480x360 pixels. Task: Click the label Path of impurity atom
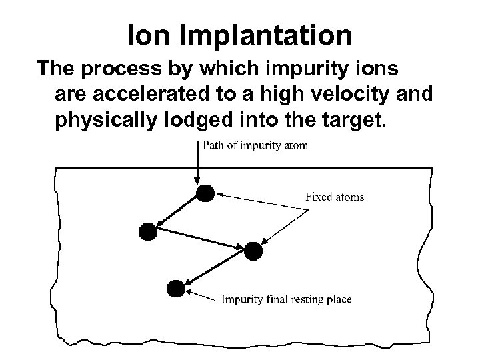tap(255, 146)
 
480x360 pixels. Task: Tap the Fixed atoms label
tap(335, 197)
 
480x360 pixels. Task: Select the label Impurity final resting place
tap(287, 299)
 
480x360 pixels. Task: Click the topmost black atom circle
tap(205, 193)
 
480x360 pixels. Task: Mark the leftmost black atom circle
tap(147, 231)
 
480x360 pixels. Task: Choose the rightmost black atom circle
tap(253, 251)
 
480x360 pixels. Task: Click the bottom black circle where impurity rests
tap(175, 288)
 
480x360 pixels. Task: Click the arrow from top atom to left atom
tap(176, 213)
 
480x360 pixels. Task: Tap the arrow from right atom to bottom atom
tap(214, 269)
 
